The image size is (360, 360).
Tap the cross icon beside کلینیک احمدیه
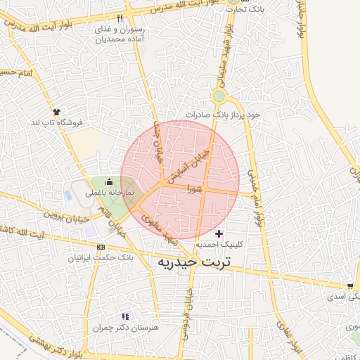coord(219,233)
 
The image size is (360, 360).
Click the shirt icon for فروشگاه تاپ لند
coord(57,111)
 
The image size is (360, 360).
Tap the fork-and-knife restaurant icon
coord(120,18)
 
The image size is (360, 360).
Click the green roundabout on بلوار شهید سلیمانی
coord(219,96)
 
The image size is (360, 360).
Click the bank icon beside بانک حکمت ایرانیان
coord(101,247)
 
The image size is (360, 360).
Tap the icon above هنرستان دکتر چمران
coord(126,317)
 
